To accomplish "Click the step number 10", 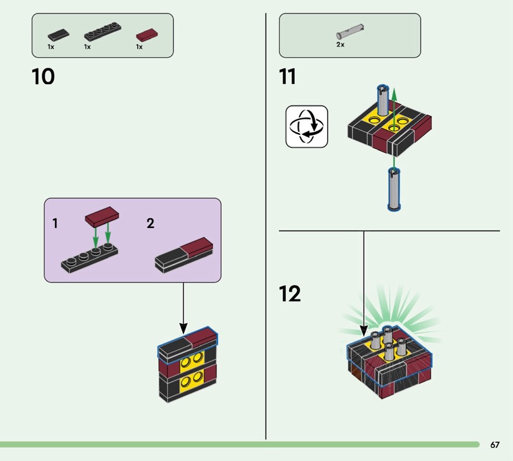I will coord(43,77).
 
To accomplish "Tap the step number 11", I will coord(287,77).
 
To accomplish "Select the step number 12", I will coord(290,294).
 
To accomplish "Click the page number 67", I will coord(494,445).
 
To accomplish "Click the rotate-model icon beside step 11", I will coord(306,126).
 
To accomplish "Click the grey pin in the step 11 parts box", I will coord(349,31).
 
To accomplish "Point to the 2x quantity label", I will coord(341,45).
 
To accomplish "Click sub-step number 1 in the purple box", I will coord(55,224).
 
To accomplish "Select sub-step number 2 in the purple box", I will coord(150,224).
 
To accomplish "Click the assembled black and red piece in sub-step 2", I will coord(185,254).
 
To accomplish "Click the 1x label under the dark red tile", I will coord(139,47).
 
